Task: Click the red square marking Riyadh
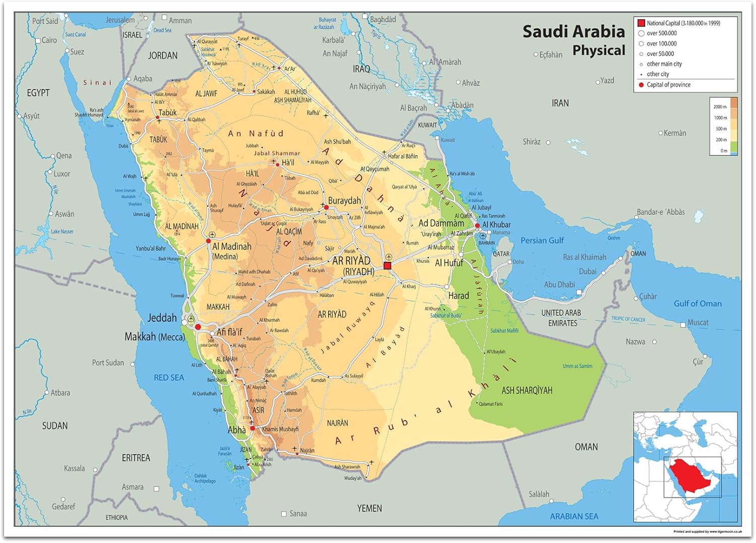pos(387,265)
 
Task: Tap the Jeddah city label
pos(162,318)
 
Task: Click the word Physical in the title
pos(598,50)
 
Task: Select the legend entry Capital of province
pos(668,85)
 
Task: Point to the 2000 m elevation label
pos(719,106)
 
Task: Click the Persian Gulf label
pos(542,241)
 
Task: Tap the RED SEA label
pos(169,377)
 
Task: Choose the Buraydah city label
pos(344,200)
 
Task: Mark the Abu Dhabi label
pos(559,285)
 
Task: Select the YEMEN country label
pos(369,508)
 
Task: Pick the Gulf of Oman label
pos(698,303)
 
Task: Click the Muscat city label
pos(698,322)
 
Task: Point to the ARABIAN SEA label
pos(574,516)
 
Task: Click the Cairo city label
pos(49,40)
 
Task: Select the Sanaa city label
pos(298,514)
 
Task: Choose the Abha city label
pos(237,430)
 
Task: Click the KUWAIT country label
pos(427,125)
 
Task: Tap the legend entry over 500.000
pos(661,33)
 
